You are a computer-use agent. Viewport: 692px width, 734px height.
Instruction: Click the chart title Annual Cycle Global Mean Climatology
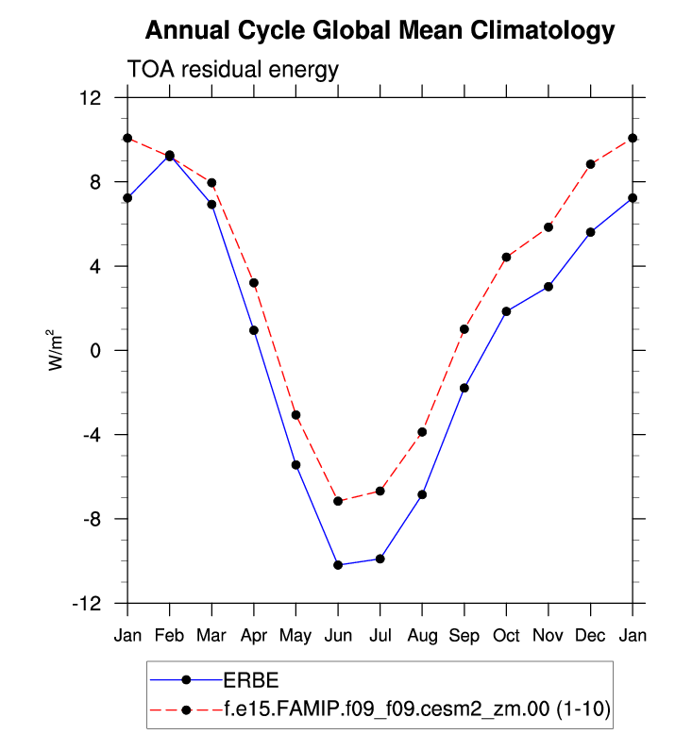[x=380, y=31]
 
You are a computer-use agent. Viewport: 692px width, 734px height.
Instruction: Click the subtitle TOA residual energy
[x=232, y=70]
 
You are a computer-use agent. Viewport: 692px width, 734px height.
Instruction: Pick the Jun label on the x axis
[x=338, y=636]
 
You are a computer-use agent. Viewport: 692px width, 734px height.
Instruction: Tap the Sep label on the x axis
[x=464, y=636]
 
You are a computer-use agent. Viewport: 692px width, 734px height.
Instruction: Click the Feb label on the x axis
[x=169, y=636]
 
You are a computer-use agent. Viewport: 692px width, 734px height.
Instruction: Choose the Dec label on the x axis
[x=591, y=636]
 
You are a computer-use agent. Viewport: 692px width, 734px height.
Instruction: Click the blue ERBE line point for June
[x=338, y=565]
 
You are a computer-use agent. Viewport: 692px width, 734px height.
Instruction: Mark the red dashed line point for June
[x=338, y=501]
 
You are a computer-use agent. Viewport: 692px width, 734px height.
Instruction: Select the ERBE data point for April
[x=254, y=330]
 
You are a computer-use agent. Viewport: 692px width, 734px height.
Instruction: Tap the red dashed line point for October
[x=506, y=257]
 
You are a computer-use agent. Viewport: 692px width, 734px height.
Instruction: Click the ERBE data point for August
[x=422, y=494]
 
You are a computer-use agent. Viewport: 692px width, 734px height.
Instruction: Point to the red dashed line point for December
[x=591, y=164]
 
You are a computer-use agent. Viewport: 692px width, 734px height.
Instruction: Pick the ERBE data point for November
[x=549, y=286]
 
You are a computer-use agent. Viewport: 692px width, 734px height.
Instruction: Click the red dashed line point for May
[x=295, y=415]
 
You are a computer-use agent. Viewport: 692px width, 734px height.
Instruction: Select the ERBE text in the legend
[x=250, y=679]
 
